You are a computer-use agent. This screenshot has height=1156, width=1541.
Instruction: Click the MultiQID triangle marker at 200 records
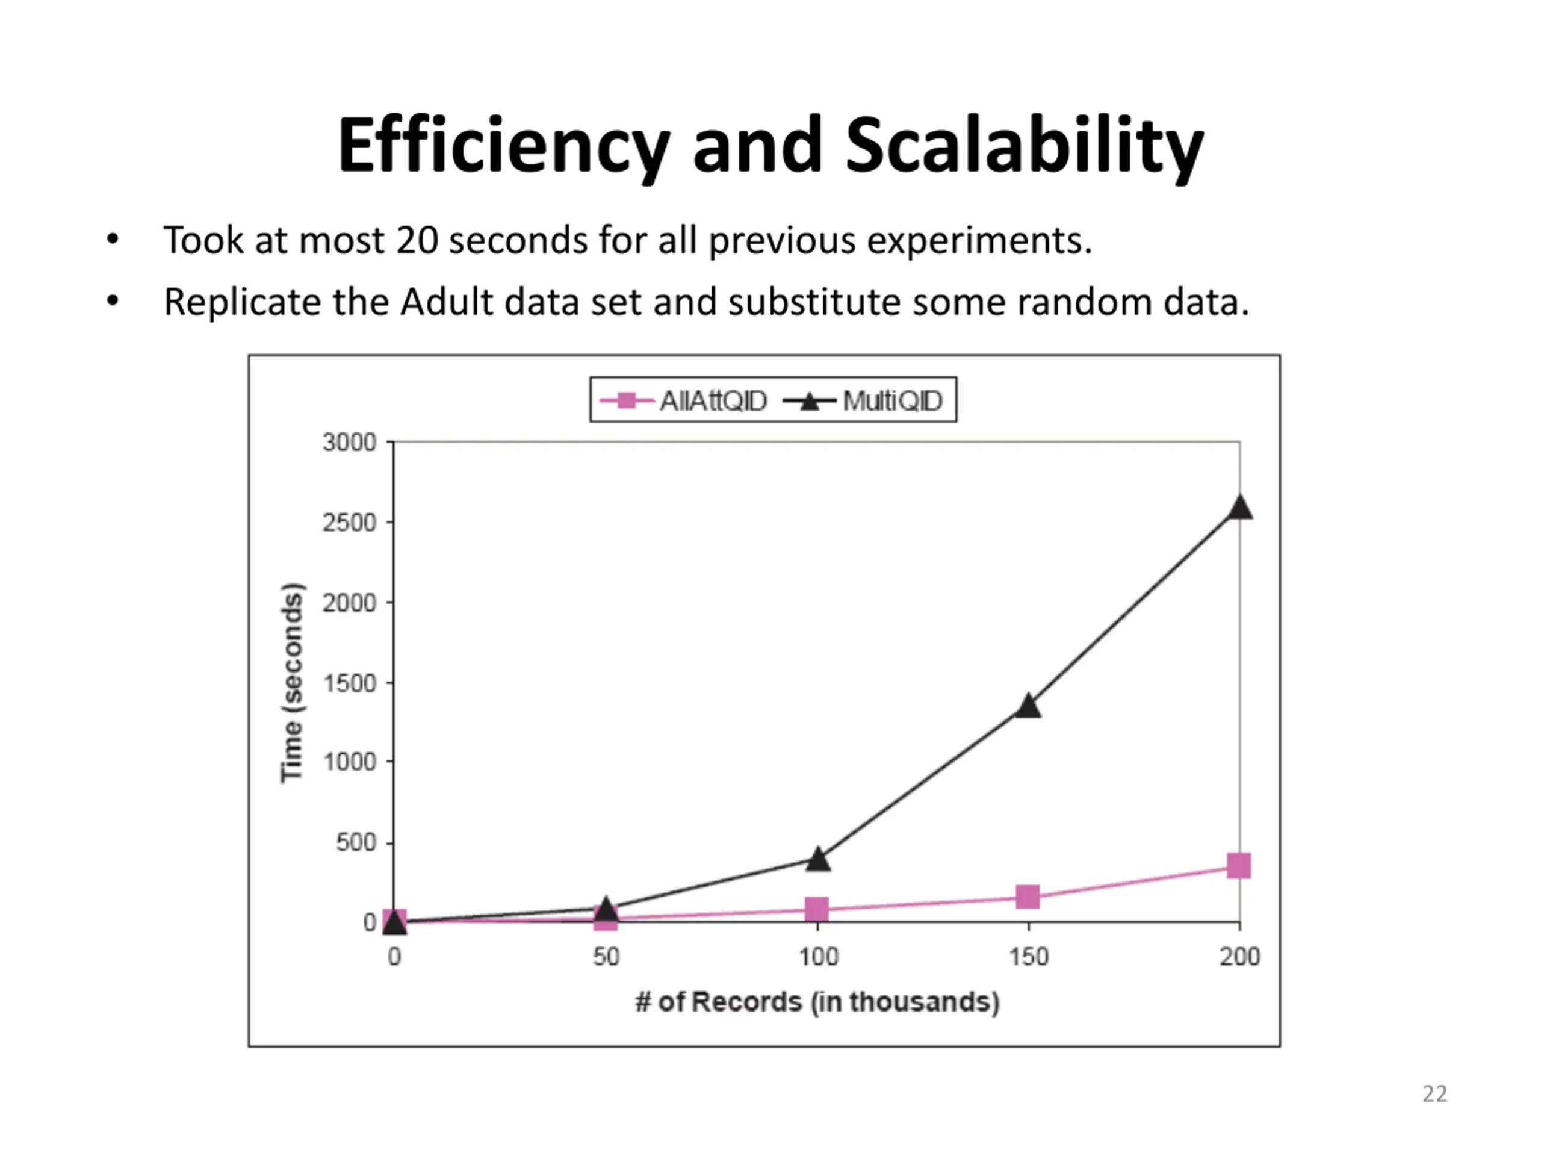pyautogui.click(x=1239, y=508)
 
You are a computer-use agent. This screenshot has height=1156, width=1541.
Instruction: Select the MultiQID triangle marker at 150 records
pyautogui.click(x=1028, y=706)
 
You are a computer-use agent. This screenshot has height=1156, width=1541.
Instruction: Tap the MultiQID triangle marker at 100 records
pyautogui.click(x=818, y=859)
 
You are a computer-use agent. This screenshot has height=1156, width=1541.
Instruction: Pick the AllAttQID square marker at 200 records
pyautogui.click(x=1239, y=866)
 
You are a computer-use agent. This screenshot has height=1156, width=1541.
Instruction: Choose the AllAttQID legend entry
pyautogui.click(x=683, y=400)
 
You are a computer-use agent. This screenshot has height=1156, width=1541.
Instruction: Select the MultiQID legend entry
pyautogui.click(x=864, y=400)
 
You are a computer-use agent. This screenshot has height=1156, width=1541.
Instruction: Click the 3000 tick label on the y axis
pyautogui.click(x=349, y=443)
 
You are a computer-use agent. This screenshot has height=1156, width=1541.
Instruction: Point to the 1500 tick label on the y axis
pyautogui.click(x=349, y=683)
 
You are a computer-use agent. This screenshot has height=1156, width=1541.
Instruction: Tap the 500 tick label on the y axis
pyautogui.click(x=355, y=843)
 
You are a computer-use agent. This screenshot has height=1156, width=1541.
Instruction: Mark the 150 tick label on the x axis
pyautogui.click(x=1028, y=957)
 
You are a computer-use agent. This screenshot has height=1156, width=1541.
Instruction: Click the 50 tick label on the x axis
pyautogui.click(x=606, y=957)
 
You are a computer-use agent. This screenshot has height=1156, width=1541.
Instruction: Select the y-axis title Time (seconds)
pyautogui.click(x=293, y=682)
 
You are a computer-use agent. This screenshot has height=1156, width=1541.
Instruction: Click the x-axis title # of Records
pyautogui.click(x=817, y=1002)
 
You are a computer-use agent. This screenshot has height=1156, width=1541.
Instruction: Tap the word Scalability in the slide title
pyautogui.click(x=1024, y=146)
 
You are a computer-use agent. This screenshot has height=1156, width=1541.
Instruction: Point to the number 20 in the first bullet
pyautogui.click(x=417, y=240)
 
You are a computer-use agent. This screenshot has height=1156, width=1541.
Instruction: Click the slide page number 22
pyautogui.click(x=1434, y=1094)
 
